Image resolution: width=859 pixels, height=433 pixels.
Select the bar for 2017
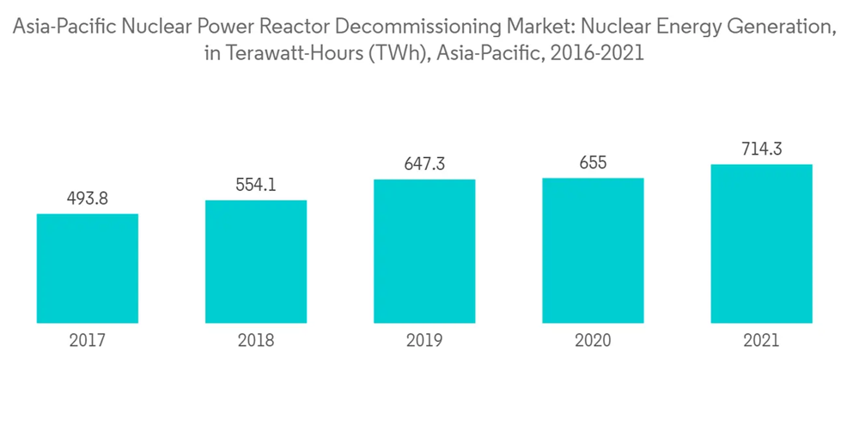[x=88, y=268]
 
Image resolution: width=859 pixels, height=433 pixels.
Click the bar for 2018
[x=256, y=261]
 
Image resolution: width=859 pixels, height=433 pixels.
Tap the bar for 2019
[x=424, y=251]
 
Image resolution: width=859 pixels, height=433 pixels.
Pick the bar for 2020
[x=593, y=250]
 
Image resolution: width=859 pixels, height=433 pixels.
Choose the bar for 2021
[x=761, y=243]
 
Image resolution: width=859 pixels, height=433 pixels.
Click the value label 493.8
[x=88, y=198]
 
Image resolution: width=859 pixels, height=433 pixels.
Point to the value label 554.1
[x=256, y=185]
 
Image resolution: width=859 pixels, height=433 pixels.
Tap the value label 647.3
[x=424, y=164]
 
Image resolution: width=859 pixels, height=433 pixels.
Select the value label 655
[x=593, y=163]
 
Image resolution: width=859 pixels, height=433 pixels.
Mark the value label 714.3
[x=761, y=149]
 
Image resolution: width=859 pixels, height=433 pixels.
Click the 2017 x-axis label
[x=88, y=341]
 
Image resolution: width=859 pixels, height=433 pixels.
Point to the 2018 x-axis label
[x=256, y=341]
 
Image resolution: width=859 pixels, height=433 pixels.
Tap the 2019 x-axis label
[x=424, y=341]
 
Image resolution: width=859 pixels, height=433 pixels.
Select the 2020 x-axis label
[x=593, y=341]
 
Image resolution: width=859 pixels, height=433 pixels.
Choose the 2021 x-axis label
[x=761, y=341]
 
